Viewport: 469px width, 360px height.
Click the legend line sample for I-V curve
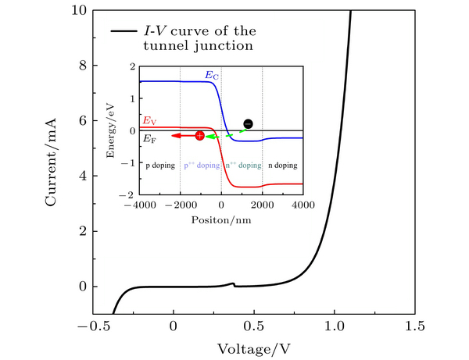(x=124, y=32)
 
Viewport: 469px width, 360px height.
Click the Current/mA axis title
(x=52, y=162)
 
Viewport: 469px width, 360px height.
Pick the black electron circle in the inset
(x=248, y=123)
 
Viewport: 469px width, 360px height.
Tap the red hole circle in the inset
(x=199, y=136)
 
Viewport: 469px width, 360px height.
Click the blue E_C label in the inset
(x=211, y=75)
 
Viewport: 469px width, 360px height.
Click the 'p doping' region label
(x=158, y=166)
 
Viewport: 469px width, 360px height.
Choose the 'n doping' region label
(x=282, y=166)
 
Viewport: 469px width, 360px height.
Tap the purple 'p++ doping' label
(x=201, y=166)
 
